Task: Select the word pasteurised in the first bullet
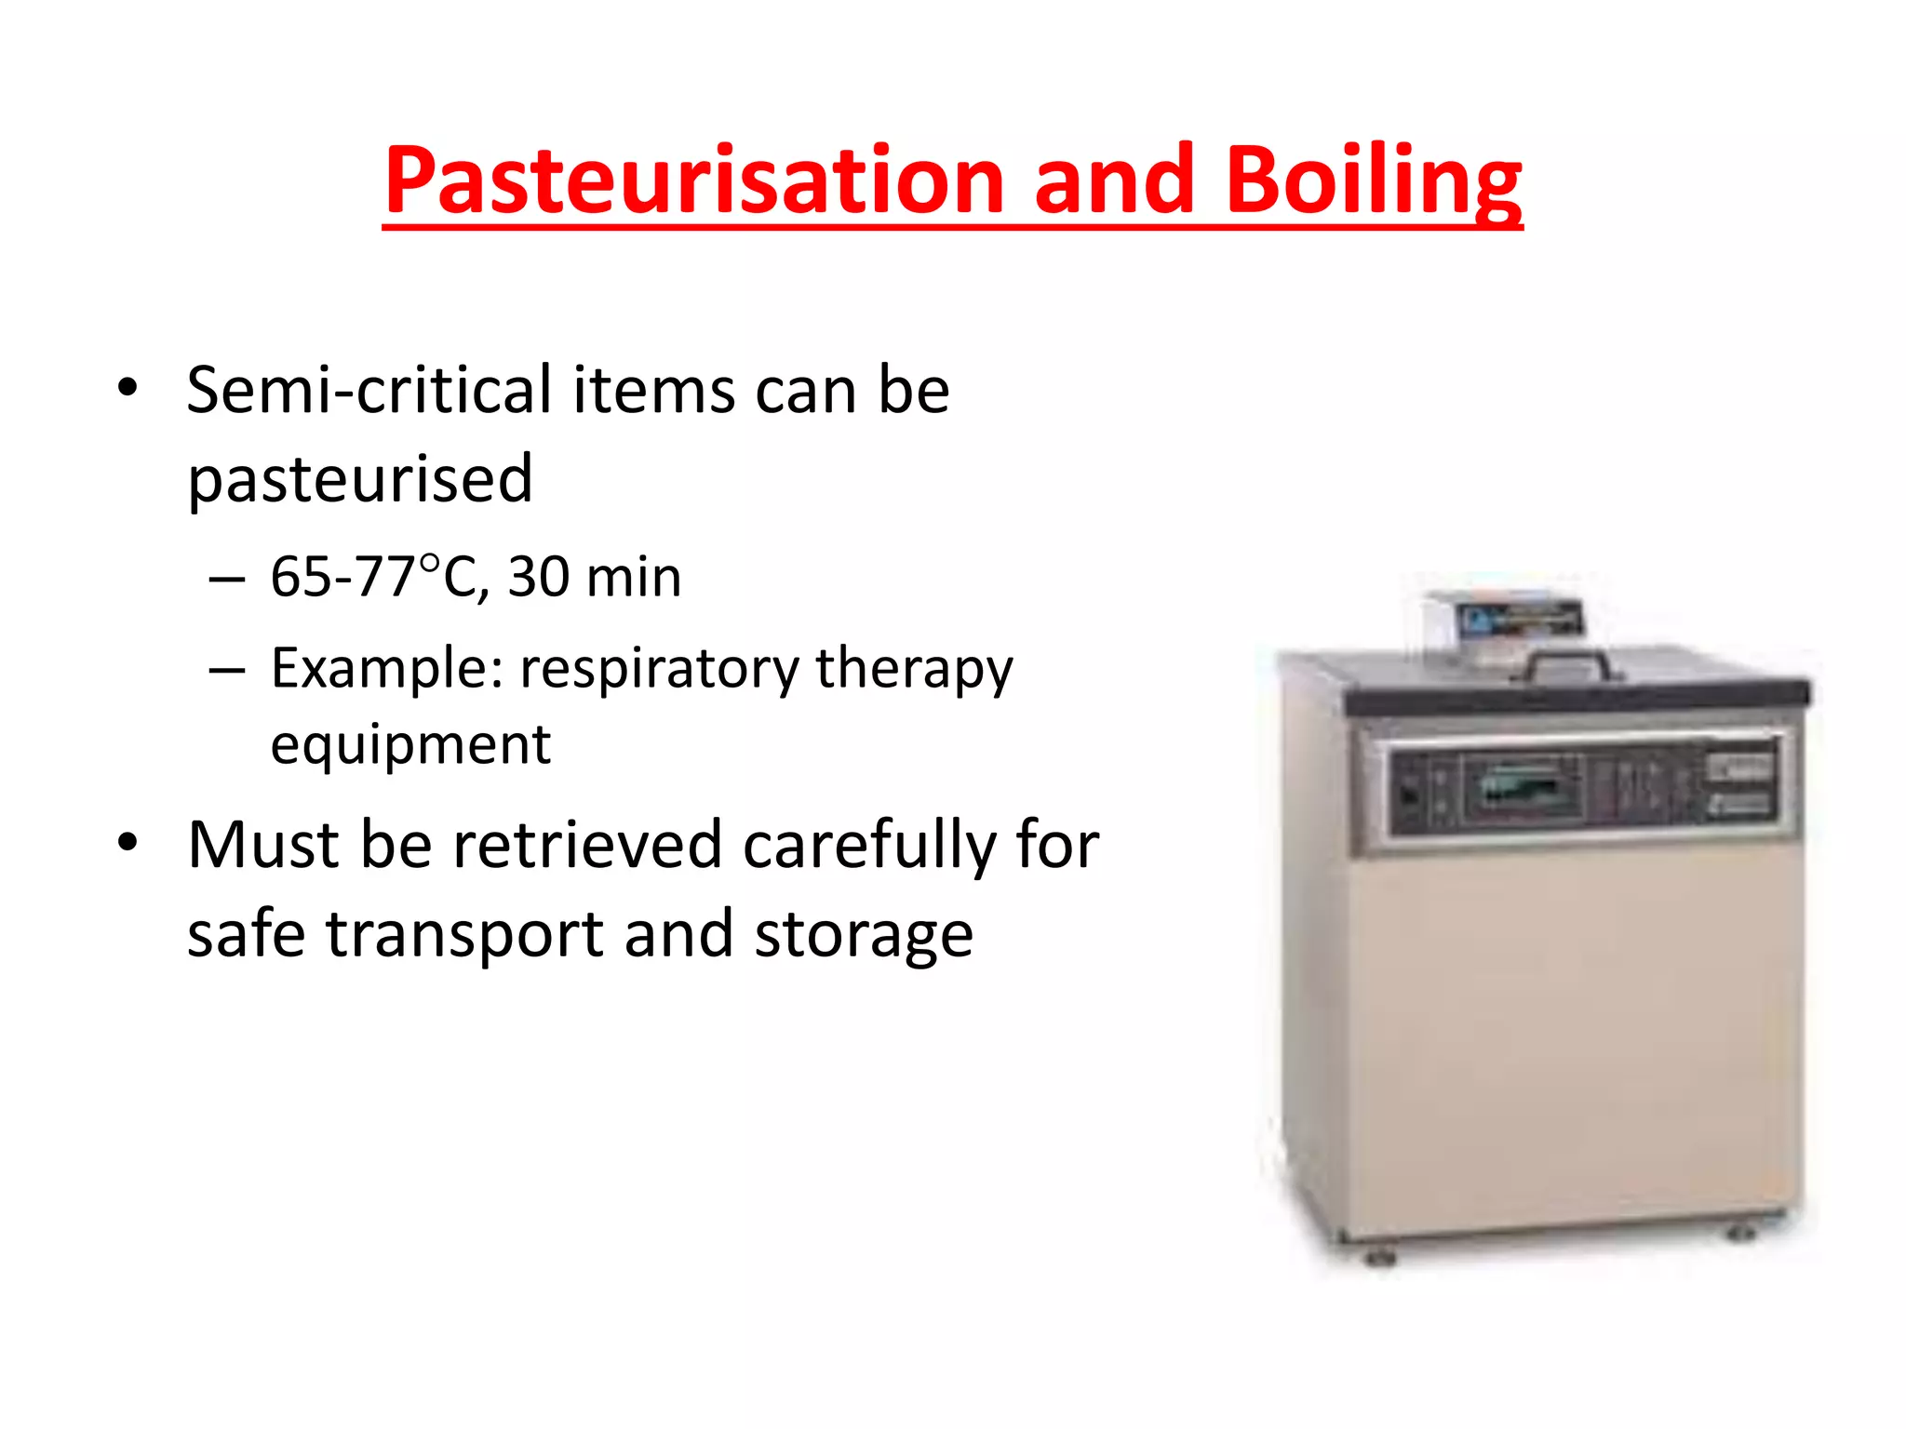point(360,479)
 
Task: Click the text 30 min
point(595,577)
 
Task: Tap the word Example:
point(387,668)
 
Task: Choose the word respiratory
point(659,668)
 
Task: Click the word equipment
point(410,744)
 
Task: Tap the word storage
point(863,936)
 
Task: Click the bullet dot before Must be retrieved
point(128,842)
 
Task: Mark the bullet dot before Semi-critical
point(128,386)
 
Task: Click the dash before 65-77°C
point(227,579)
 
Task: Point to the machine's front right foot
point(1739,1234)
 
